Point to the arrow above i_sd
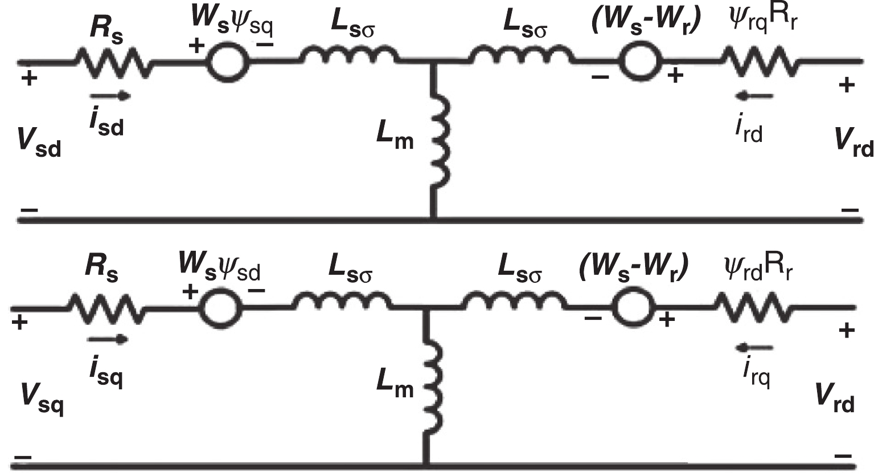[110, 96]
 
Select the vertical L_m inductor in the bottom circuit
[431, 388]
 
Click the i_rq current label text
[756, 373]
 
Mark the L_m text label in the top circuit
[395, 137]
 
